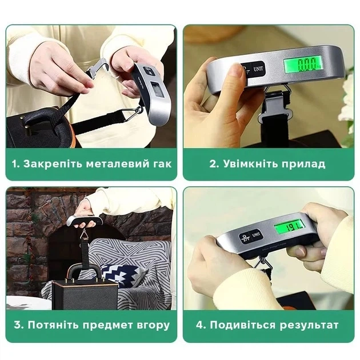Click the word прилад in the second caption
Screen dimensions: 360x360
[303, 165]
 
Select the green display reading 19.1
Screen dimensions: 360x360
[290, 227]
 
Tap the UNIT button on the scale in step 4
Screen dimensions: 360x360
[256, 235]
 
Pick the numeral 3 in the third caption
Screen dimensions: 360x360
[18, 325]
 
